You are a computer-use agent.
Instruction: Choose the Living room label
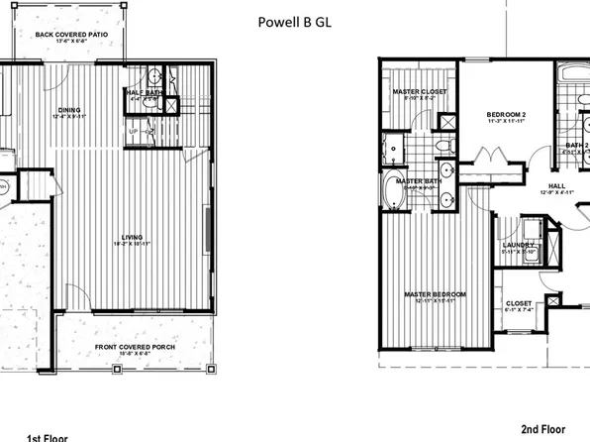tap(133, 239)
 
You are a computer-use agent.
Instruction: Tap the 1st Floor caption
tap(48, 436)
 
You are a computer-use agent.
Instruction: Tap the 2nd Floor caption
tap(543, 429)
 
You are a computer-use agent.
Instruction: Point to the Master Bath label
tap(416, 181)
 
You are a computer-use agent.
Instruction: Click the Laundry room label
tap(519, 247)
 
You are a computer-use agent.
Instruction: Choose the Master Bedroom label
tap(436, 294)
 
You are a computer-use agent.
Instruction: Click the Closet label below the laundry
tap(519, 304)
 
